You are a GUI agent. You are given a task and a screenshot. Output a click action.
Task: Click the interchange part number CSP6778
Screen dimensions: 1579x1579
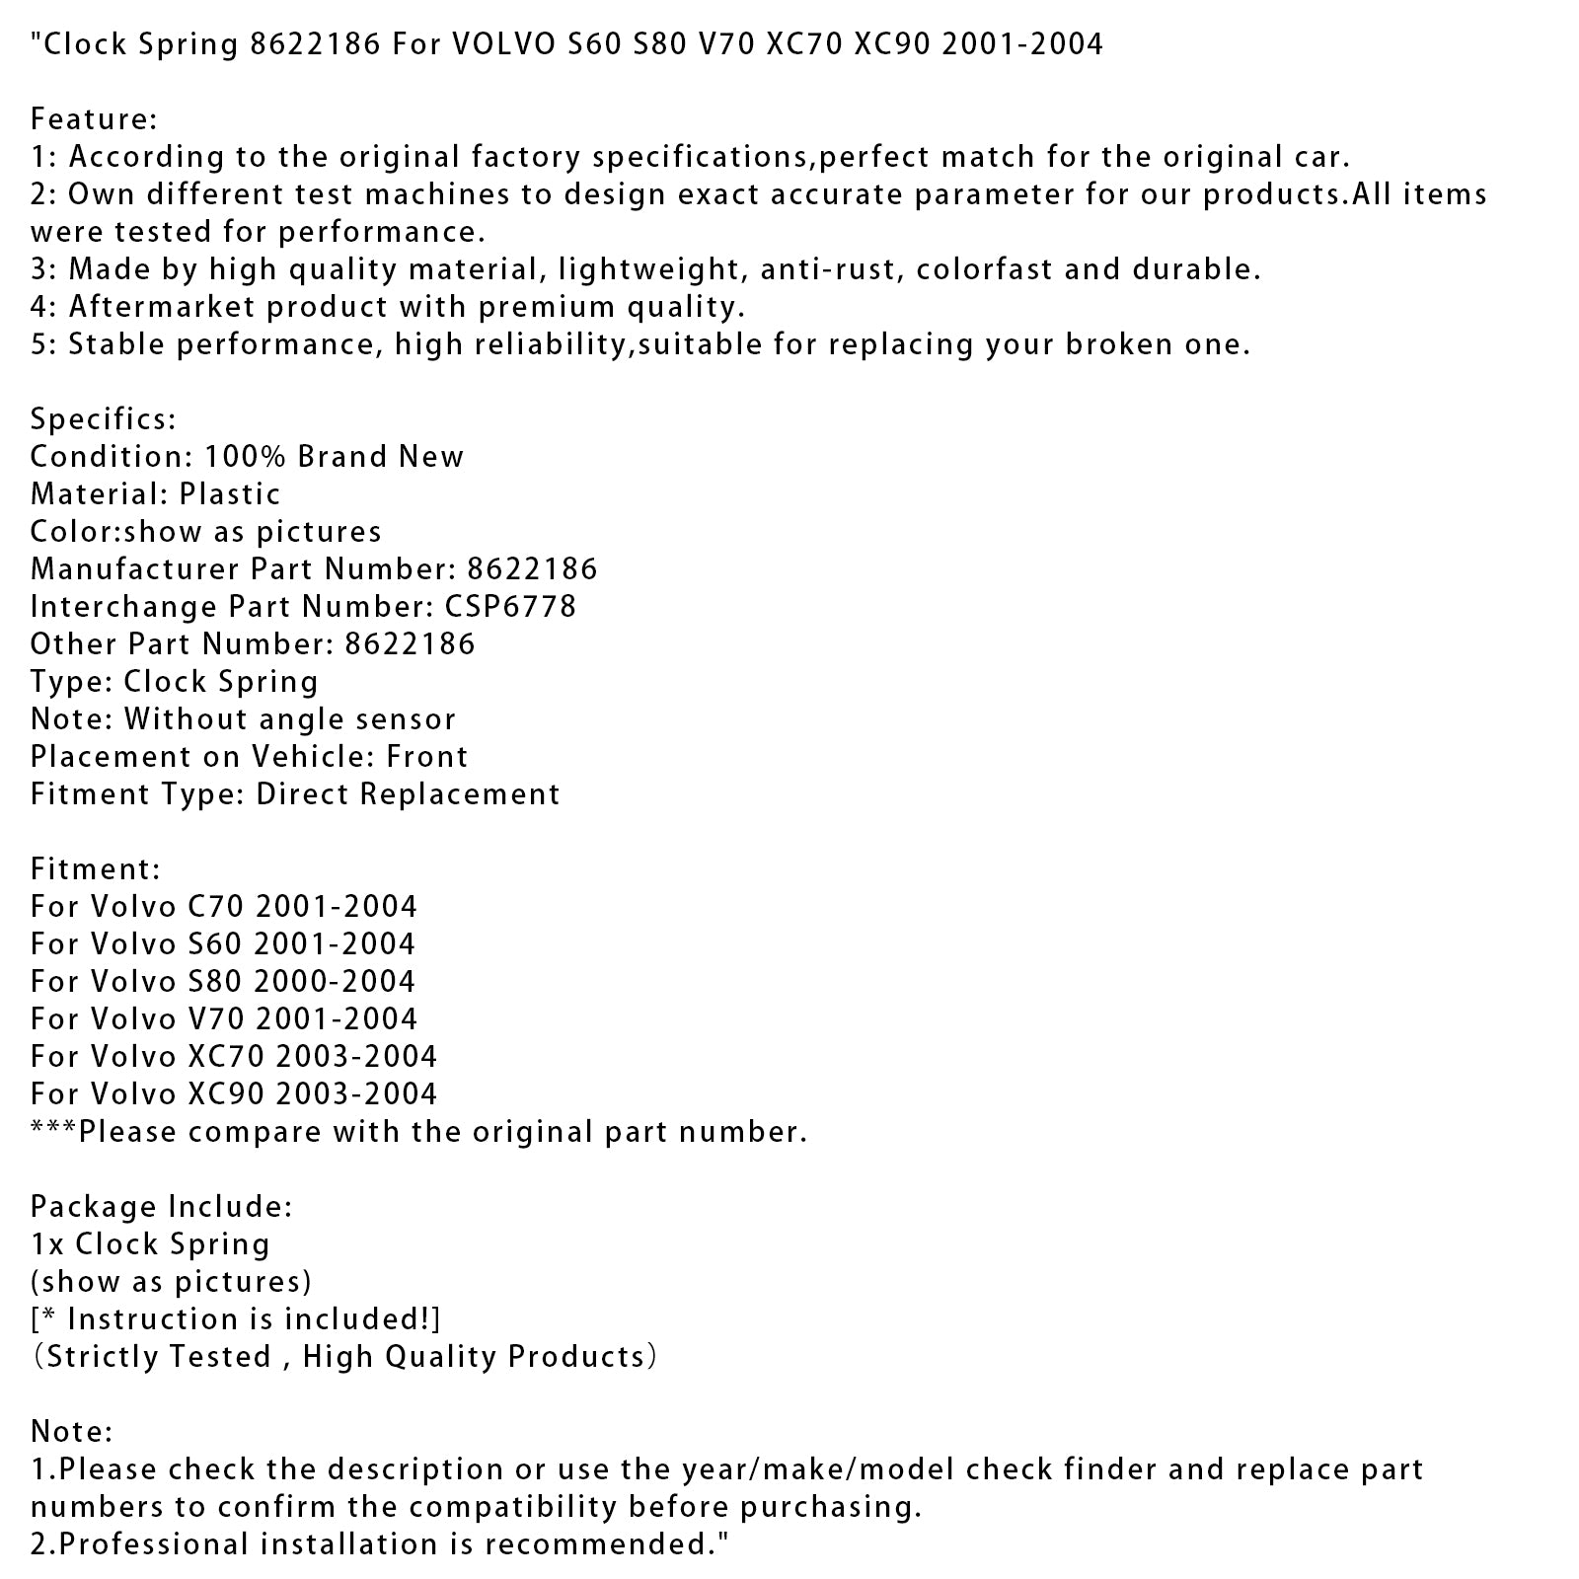[x=522, y=606]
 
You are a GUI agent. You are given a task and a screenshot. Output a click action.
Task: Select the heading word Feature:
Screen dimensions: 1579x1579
[x=94, y=118]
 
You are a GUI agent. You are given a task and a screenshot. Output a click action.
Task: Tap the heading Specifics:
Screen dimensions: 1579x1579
[x=103, y=418]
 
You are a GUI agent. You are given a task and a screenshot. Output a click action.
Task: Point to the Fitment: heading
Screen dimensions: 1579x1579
[x=95, y=868]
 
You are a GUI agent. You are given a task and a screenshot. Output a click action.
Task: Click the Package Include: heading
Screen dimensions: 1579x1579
[x=161, y=1206]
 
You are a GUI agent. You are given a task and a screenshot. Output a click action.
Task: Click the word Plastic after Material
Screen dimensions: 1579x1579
[x=230, y=493]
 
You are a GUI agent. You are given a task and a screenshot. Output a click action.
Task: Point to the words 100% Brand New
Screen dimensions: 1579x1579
[x=334, y=456]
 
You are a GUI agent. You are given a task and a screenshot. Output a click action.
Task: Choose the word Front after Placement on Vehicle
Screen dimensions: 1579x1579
[x=427, y=756]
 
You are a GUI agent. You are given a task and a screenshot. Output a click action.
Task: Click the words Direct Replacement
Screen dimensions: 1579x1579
[x=408, y=793]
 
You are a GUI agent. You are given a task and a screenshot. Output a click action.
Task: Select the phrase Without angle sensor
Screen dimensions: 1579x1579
[x=289, y=718]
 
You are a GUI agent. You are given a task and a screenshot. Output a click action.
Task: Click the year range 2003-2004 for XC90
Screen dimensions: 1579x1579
[x=356, y=1093]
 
